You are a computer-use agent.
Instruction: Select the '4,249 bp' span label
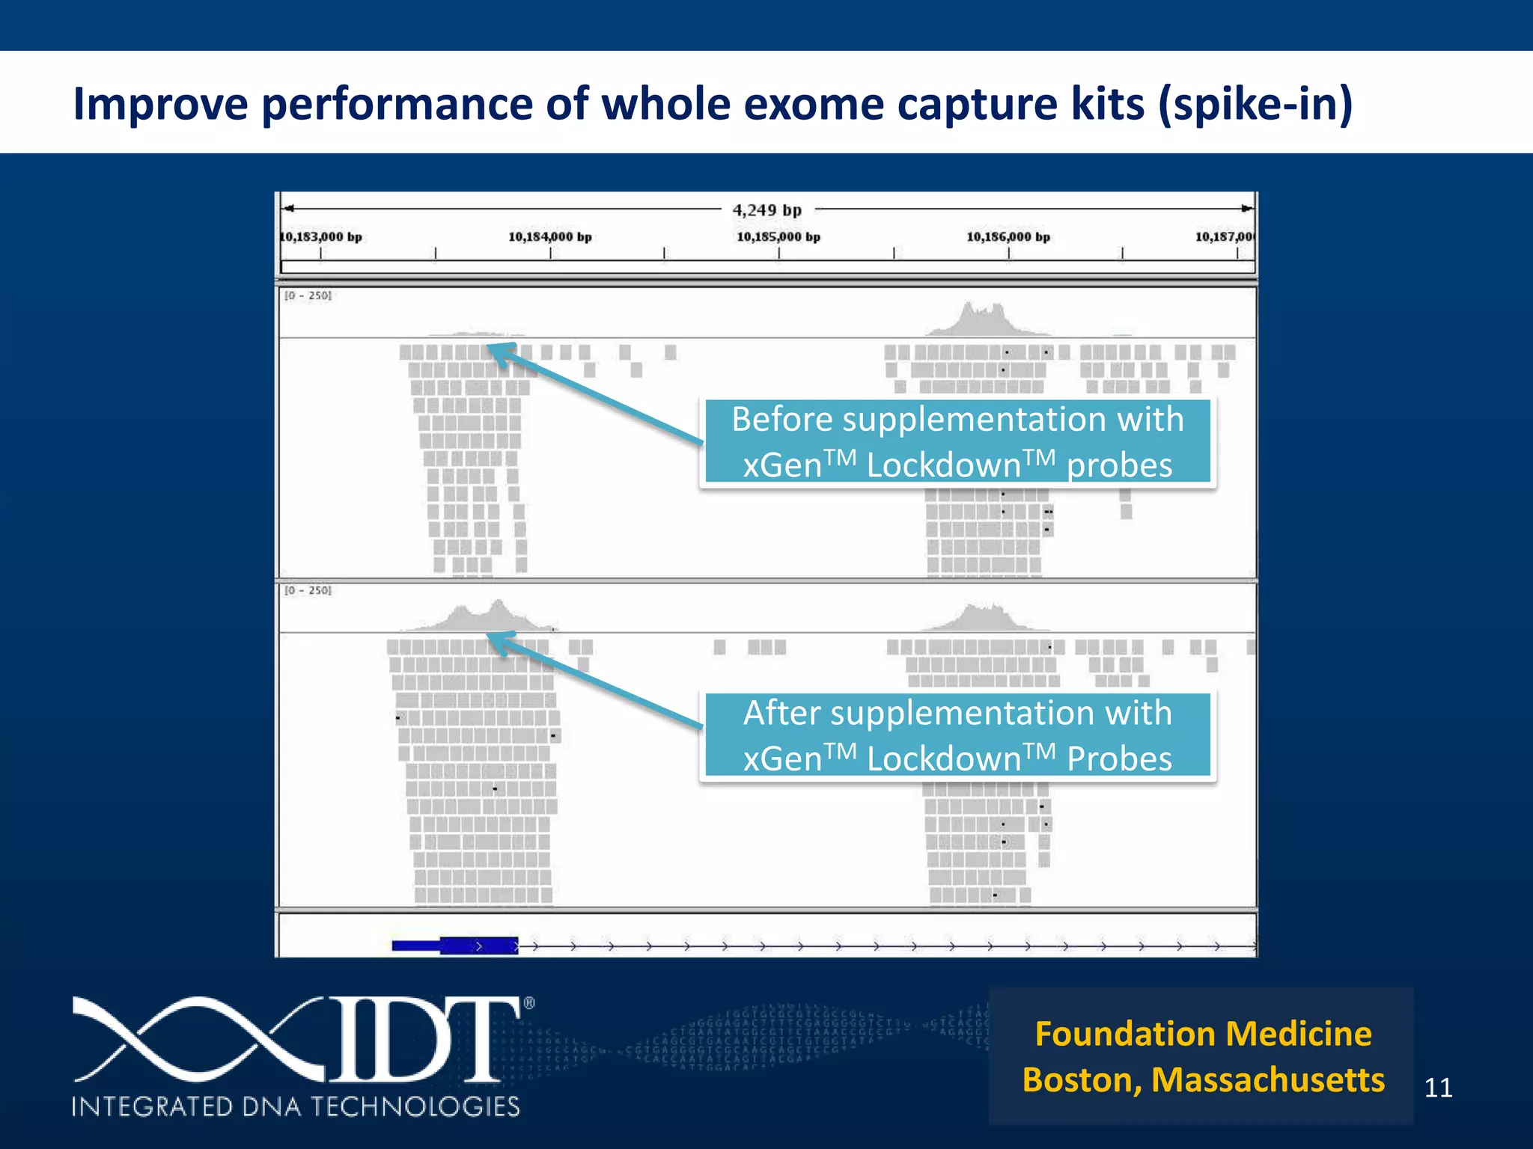[x=766, y=210]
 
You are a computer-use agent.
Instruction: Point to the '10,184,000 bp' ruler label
[x=550, y=237]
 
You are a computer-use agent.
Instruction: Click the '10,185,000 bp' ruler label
[x=778, y=237]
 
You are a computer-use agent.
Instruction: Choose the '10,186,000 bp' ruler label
[x=1008, y=237]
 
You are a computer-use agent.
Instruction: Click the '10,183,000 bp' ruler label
[x=321, y=237]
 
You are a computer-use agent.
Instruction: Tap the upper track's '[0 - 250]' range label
[x=308, y=296]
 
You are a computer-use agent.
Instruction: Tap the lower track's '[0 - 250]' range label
[x=308, y=591]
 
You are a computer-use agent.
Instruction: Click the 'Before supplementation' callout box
[x=957, y=441]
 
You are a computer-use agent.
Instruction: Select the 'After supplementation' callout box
[x=957, y=735]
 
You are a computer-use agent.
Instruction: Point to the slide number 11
[x=1438, y=1088]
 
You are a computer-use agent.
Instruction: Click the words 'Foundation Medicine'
[x=1203, y=1034]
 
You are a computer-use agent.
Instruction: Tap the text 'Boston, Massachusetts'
[x=1203, y=1080]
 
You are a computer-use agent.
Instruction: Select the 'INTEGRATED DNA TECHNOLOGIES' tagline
[x=296, y=1106]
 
